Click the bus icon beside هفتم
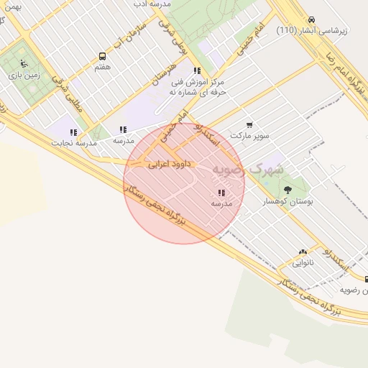(x=102, y=56)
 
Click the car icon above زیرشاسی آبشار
(x=310, y=19)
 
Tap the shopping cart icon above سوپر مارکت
(x=249, y=124)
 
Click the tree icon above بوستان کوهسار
(x=287, y=190)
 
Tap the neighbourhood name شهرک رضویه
(x=248, y=169)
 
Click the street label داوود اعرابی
(x=167, y=165)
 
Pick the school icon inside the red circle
(x=221, y=193)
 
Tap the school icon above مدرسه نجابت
(x=73, y=132)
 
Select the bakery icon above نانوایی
(x=302, y=252)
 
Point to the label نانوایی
(x=302, y=263)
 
